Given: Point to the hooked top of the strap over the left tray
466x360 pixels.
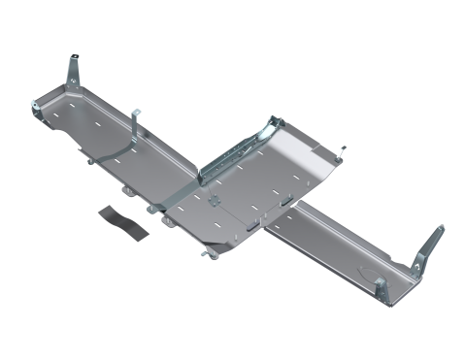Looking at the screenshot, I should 138,115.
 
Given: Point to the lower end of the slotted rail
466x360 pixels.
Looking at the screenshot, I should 206,175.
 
